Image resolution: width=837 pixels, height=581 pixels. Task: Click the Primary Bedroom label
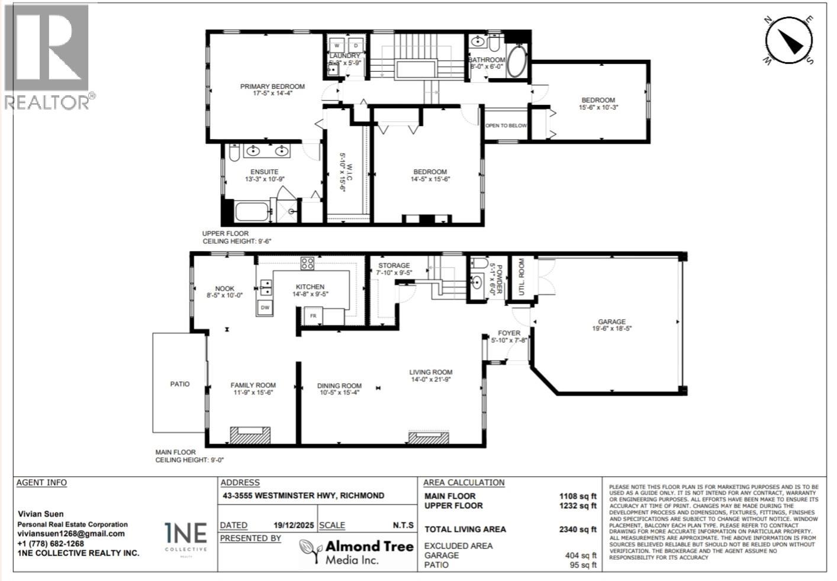tap(272, 86)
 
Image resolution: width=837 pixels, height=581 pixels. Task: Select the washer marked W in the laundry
tap(337, 46)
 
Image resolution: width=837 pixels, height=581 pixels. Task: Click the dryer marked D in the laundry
tap(356, 46)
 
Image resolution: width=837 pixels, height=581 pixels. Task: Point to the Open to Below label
tap(506, 126)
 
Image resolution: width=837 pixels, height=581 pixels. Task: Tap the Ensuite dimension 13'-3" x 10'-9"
tap(264, 179)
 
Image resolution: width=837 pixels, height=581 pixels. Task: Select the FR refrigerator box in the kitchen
tap(313, 316)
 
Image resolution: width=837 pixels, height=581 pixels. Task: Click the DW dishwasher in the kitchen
tap(265, 308)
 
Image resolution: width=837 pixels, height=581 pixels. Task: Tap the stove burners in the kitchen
tap(307, 264)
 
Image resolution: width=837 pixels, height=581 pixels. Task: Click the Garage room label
tap(611, 322)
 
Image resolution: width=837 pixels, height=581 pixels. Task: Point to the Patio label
tap(180, 384)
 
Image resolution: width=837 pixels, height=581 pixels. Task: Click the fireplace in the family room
tap(250, 435)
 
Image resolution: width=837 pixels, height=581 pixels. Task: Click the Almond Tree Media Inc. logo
tap(356, 552)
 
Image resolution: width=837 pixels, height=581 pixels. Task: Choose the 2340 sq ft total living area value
tap(577, 529)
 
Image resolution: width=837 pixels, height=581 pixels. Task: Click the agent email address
tap(71, 534)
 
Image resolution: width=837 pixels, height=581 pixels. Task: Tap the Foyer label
tap(509, 333)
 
